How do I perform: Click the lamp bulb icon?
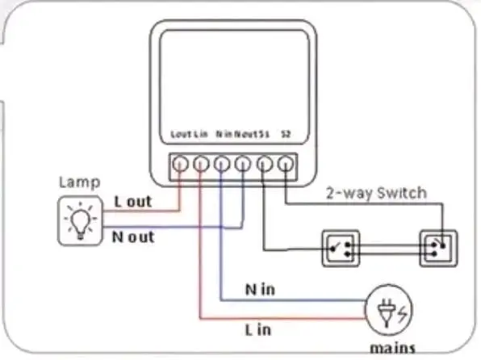tap(81, 220)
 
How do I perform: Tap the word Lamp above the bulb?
tap(79, 182)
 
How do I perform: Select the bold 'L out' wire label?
tap(133, 202)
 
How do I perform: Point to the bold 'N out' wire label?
tap(133, 237)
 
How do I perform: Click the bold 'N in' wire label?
tap(260, 290)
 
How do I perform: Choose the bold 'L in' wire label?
tap(258, 330)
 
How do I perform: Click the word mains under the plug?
tap(393, 349)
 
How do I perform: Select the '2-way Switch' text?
tap(376, 193)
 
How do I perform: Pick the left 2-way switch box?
tap(341, 248)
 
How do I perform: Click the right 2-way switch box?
tap(438, 248)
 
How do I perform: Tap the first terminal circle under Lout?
tap(180, 164)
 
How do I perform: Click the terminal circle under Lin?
tap(201, 164)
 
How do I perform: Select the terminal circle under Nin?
tap(221, 164)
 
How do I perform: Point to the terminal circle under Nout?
tap(243, 164)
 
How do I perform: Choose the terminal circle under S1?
tap(265, 164)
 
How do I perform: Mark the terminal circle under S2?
tap(286, 164)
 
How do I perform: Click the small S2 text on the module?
tap(286, 134)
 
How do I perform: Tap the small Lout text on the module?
tap(182, 134)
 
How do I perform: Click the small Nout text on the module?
tap(246, 134)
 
